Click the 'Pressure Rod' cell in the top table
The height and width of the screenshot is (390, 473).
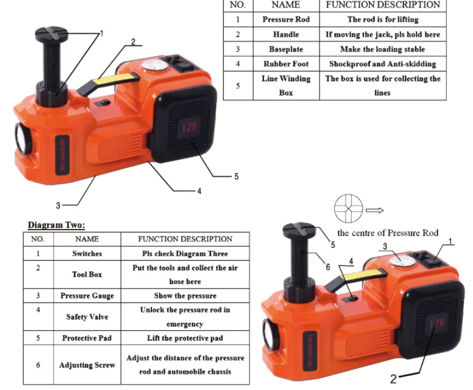point(286,19)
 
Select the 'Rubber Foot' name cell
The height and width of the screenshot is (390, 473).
point(286,64)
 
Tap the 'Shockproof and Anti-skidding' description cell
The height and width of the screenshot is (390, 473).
point(383,64)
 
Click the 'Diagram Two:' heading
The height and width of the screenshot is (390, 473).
point(56,225)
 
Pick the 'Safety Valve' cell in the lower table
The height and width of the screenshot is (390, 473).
point(87,317)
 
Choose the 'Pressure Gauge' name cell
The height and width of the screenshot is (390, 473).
point(87,296)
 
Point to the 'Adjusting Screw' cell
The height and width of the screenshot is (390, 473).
point(87,365)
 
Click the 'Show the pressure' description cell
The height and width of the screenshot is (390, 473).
point(185,296)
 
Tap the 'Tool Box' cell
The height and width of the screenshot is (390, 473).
point(87,275)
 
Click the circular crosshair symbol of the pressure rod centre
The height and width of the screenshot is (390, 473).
point(348,208)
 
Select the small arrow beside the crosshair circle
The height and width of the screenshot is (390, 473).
point(375,210)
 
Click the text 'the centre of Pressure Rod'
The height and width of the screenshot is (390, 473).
point(387,233)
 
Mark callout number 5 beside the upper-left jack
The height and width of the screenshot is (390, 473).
point(236,176)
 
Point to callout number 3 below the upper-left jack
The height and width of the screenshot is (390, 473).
point(58,206)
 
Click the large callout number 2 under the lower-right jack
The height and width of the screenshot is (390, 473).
point(393,379)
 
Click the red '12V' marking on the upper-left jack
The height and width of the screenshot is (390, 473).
point(189,128)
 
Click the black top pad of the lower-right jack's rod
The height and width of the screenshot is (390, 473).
point(299,230)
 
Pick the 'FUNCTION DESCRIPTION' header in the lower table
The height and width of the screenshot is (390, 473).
point(185,239)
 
